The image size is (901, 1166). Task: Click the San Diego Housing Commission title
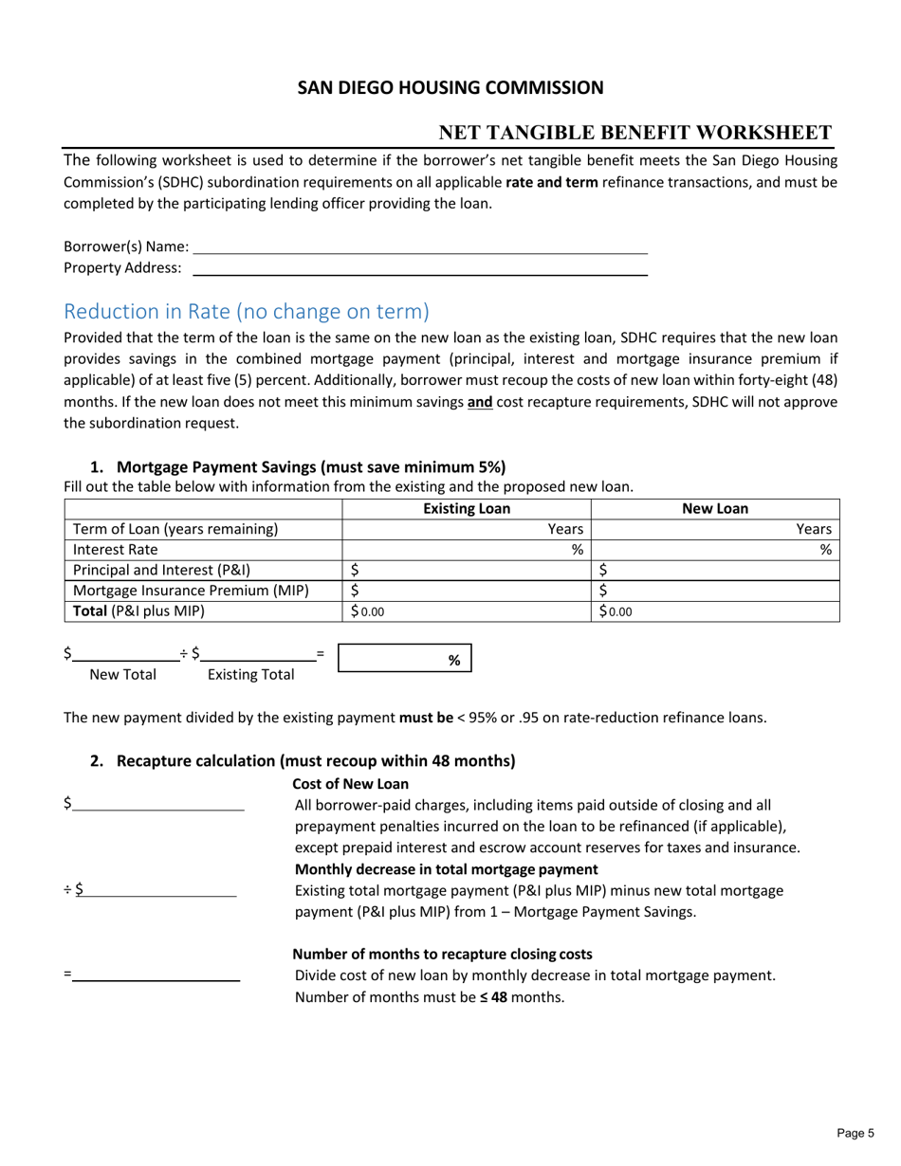450,88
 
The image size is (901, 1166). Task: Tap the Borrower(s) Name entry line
419,246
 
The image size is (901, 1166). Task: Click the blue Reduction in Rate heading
246,311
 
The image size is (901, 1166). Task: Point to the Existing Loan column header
466,508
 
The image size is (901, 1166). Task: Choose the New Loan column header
715,508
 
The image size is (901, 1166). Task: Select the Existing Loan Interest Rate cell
466,549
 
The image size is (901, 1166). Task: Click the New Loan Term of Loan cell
715,529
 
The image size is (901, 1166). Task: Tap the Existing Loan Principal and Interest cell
466,570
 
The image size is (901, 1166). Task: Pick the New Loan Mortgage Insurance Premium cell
715,591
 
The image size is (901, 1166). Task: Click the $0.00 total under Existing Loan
368,611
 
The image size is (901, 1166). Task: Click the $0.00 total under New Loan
616,611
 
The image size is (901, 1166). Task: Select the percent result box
404,660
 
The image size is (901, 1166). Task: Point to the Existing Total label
250,675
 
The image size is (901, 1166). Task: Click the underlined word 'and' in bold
480,401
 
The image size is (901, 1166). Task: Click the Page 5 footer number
856,1132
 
